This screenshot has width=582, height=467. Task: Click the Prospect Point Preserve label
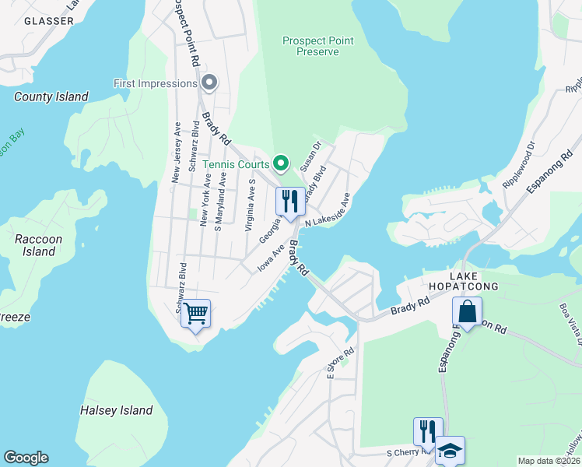[x=311, y=46]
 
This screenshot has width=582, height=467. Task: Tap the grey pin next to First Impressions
[x=209, y=83]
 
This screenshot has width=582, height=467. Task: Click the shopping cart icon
[x=195, y=314]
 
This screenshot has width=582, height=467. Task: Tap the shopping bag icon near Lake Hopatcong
[x=468, y=312]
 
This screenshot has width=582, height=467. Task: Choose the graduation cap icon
[x=450, y=451]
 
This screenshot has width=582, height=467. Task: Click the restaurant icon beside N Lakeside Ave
[x=290, y=202]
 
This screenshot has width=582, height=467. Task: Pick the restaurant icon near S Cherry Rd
[x=427, y=431]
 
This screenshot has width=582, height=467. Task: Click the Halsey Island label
[x=117, y=410]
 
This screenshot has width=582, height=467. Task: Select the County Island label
[x=51, y=97]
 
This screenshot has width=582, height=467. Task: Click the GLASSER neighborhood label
[x=47, y=21]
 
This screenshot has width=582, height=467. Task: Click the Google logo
[x=26, y=458]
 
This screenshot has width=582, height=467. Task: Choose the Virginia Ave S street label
[x=251, y=205]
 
